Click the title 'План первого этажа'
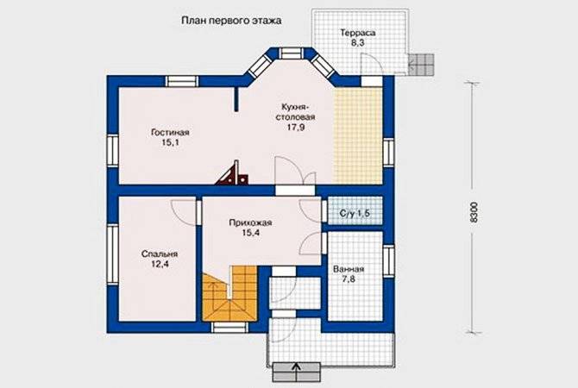(x=231, y=21)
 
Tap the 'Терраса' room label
(x=357, y=33)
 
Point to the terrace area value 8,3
(x=357, y=43)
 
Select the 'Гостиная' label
(x=170, y=132)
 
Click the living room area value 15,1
(x=170, y=142)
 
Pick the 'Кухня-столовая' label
(x=296, y=112)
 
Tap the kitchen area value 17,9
(x=296, y=128)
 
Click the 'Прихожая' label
(x=250, y=223)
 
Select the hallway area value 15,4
(x=251, y=233)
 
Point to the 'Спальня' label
(x=160, y=254)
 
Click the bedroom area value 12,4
(x=160, y=264)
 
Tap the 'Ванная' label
(x=349, y=269)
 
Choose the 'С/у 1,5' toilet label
(x=355, y=213)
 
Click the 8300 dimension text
(x=474, y=212)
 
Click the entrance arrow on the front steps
(x=296, y=369)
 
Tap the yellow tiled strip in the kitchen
(x=358, y=135)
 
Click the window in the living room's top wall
(x=181, y=81)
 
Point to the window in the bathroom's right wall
(x=388, y=261)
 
